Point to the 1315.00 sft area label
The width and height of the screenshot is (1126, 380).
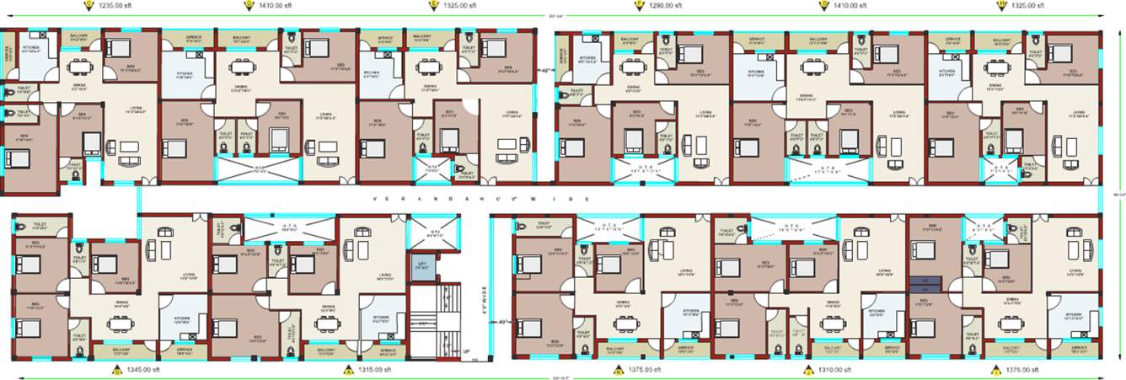376,369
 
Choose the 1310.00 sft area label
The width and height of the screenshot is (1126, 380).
833,369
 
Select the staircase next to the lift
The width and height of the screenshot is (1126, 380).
433,320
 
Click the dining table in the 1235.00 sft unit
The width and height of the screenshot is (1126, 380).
80,67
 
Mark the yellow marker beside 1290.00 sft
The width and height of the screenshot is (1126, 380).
637,5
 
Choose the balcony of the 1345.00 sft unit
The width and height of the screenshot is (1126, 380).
121,348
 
